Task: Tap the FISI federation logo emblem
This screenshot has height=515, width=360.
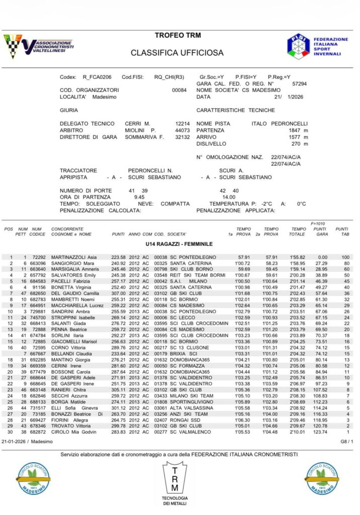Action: tap(299, 46)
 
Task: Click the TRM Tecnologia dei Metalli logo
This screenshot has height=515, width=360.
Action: tap(174, 483)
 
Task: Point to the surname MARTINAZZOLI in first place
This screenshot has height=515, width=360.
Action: tap(68, 257)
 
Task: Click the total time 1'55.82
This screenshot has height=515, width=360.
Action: tap(299, 257)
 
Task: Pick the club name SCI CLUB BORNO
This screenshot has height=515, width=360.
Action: tap(191, 269)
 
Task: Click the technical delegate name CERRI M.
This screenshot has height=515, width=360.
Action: tap(138, 123)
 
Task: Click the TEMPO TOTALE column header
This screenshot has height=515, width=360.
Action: tap(298, 231)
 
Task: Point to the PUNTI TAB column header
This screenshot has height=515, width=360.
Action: tap(342, 231)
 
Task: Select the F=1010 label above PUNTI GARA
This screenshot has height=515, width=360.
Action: tap(319, 223)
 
